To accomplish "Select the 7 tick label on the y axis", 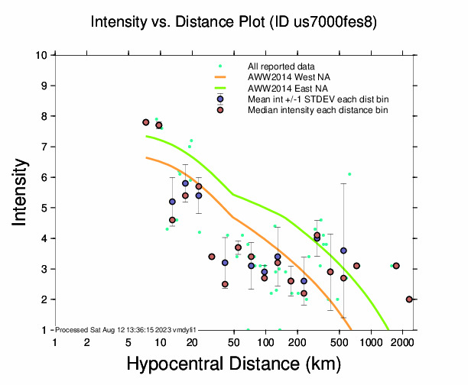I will point(45,147).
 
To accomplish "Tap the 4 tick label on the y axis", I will point(45,238).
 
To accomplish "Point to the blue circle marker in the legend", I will point(220,99).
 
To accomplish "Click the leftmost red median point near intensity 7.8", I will point(145,122).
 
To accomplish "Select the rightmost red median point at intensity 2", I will point(409,299).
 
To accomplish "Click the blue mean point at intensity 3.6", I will point(343,251).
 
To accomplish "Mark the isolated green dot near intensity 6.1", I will point(349,174).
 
